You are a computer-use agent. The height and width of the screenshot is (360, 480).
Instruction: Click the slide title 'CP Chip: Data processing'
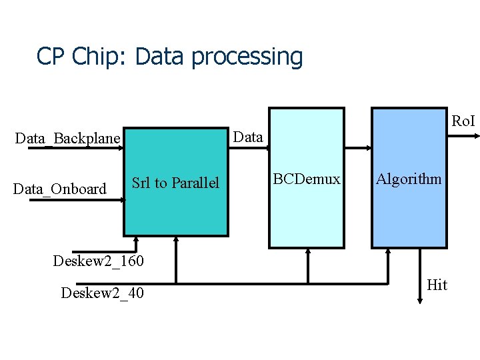(x=169, y=57)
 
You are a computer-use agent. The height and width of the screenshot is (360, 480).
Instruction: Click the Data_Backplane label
(x=67, y=139)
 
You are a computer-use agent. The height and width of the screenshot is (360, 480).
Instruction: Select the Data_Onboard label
(x=60, y=189)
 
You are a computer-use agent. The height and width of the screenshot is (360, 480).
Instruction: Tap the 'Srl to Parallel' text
(x=175, y=183)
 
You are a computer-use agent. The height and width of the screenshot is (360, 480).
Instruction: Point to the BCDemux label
(x=307, y=179)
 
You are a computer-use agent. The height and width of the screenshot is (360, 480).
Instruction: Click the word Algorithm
(x=409, y=179)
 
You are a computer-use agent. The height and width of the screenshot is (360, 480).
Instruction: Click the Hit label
(x=437, y=285)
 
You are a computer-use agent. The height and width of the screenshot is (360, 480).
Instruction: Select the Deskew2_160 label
(x=98, y=260)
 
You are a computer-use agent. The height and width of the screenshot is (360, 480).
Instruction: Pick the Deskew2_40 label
(x=102, y=293)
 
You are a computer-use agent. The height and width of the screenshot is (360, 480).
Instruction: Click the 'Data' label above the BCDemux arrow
(x=249, y=137)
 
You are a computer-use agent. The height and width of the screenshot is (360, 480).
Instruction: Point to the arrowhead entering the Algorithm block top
(x=367, y=148)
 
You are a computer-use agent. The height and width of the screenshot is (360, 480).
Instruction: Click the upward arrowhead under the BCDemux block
(x=308, y=253)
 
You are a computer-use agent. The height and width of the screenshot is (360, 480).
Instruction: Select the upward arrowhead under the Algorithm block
(x=389, y=253)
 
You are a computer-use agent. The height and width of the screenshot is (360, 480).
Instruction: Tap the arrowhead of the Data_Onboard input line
(x=120, y=199)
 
